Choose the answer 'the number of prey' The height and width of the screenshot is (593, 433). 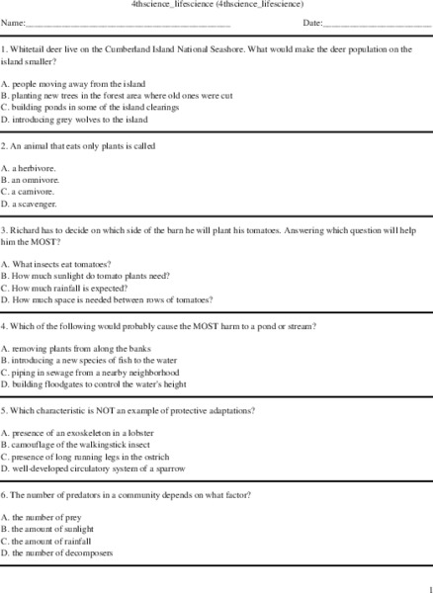click(47, 517)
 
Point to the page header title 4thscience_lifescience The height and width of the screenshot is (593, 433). click(216, 5)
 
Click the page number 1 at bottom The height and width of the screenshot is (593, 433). click(428, 586)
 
